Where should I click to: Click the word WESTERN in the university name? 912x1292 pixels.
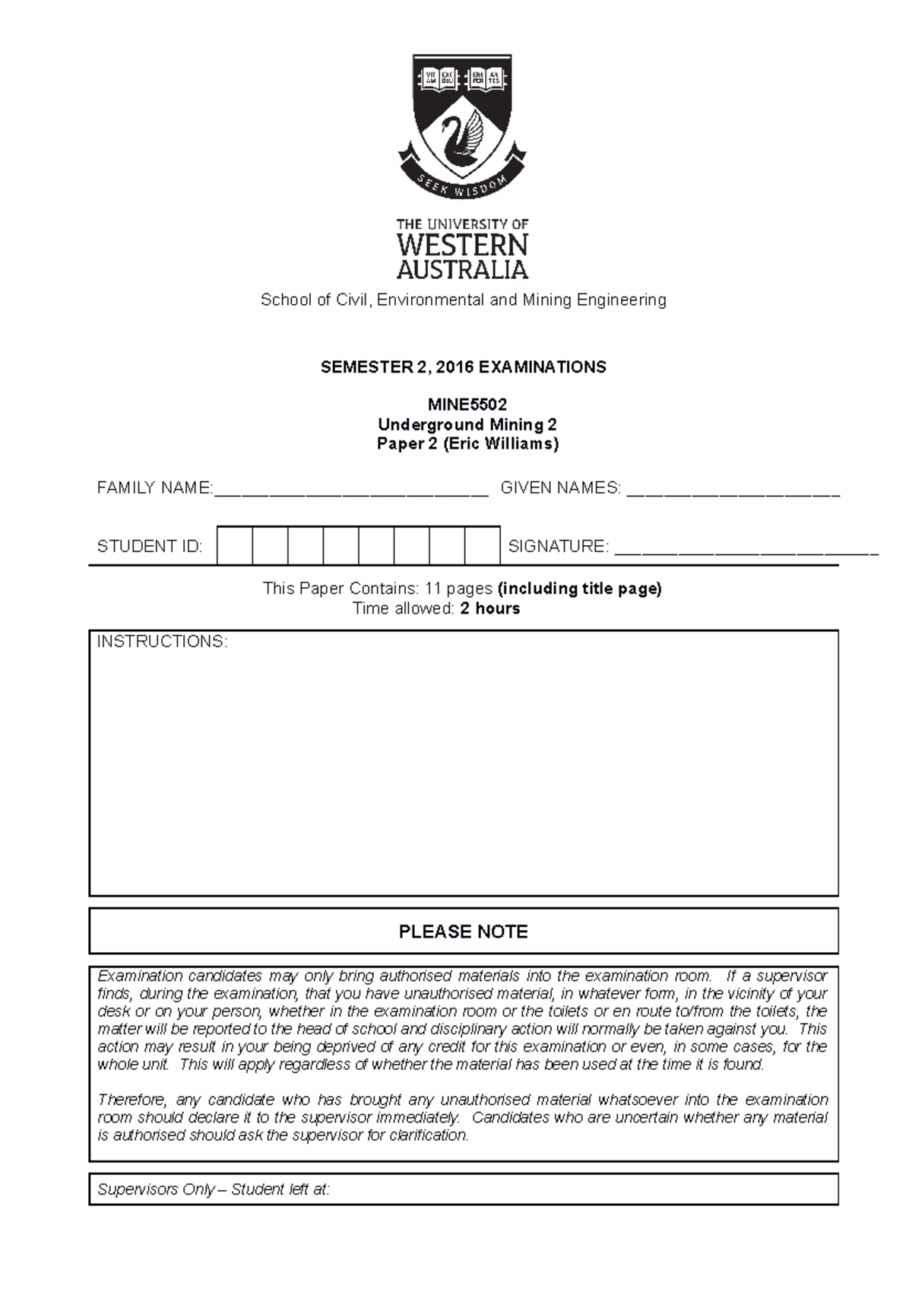[x=462, y=246]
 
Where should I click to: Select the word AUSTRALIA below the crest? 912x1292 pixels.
[x=462, y=269]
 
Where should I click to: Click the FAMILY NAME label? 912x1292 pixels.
[x=154, y=488]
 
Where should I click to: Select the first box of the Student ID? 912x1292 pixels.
[x=235, y=545]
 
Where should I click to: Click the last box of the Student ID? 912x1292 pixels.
[x=482, y=545]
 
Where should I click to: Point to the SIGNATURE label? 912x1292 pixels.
[x=558, y=546]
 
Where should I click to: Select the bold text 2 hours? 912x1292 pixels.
[x=490, y=608]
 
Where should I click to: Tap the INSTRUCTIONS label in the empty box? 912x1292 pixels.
[x=162, y=642]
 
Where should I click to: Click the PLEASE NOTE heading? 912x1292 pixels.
[x=463, y=932]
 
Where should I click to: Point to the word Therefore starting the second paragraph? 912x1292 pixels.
[x=133, y=1100]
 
